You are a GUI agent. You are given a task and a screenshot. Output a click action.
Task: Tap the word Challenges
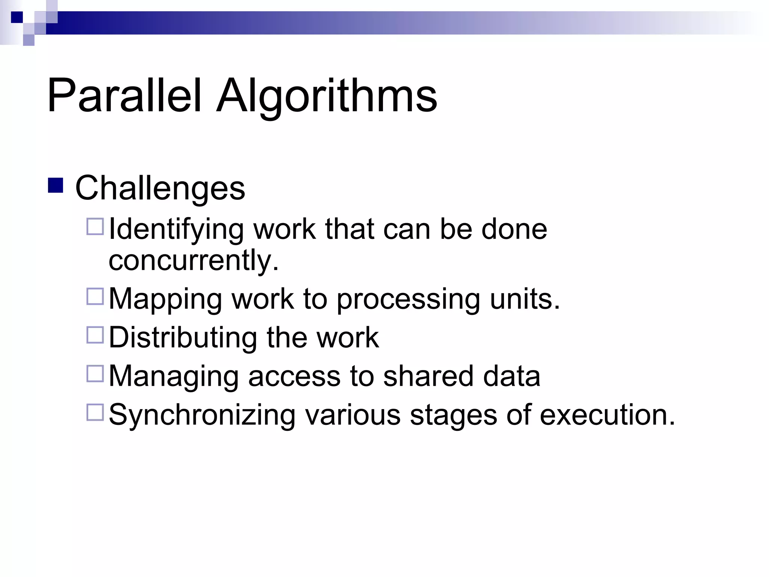(x=160, y=188)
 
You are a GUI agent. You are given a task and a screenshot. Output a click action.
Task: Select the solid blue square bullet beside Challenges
(x=56, y=185)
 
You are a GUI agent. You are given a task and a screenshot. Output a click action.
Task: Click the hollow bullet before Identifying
(x=95, y=227)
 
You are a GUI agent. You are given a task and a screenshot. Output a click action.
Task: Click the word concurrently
(x=193, y=260)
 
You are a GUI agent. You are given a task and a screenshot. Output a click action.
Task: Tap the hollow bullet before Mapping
(x=95, y=296)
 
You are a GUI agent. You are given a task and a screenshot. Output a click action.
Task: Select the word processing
(x=408, y=299)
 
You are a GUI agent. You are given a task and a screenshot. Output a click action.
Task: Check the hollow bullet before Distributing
(x=95, y=335)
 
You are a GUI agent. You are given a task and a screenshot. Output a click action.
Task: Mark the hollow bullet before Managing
(x=95, y=374)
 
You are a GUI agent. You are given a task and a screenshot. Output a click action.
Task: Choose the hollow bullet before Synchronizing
(x=95, y=412)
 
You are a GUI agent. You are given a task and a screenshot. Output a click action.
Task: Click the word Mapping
(x=165, y=299)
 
